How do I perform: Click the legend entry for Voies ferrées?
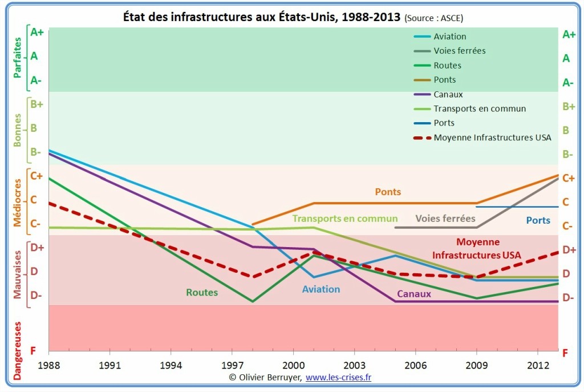point(459,51)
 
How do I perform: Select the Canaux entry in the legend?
point(448,94)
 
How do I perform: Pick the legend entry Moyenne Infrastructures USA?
point(492,138)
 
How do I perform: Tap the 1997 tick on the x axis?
point(232,365)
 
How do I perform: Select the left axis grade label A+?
point(37,33)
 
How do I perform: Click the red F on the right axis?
point(565,354)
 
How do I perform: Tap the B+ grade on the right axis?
point(569,106)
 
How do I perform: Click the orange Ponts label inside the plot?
point(388,192)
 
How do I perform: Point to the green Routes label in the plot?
point(202,293)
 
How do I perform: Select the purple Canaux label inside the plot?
point(413,294)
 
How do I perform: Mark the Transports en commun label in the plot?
point(345,219)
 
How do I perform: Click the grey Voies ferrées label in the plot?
point(445,219)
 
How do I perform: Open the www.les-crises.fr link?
point(339,377)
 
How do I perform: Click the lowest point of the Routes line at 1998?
point(252,301)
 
